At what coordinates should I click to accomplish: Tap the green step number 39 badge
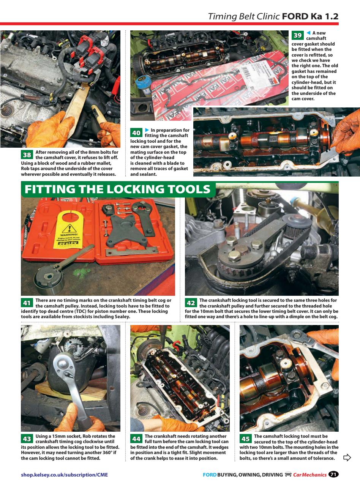297,35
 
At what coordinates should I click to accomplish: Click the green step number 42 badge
191,303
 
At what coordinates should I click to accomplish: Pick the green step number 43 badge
27,439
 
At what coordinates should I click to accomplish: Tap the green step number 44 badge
136,439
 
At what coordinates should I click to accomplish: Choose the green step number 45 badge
246,439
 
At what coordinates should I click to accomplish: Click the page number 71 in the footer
333,474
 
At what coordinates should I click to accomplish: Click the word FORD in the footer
209,475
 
